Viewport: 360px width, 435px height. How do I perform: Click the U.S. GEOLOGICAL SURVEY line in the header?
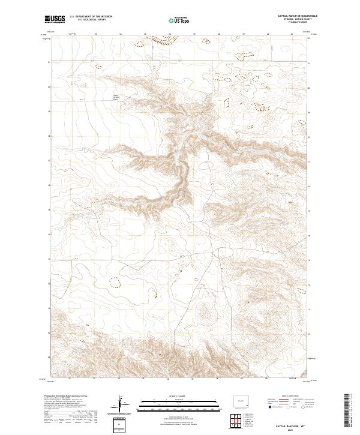91,20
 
